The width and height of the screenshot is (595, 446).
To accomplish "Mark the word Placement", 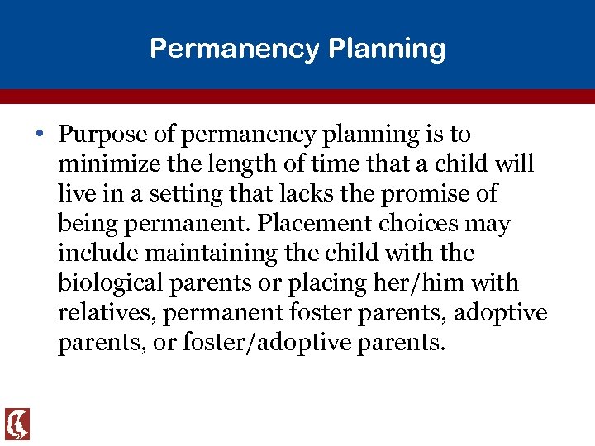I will point(308,224).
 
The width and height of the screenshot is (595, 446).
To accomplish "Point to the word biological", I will point(111,283).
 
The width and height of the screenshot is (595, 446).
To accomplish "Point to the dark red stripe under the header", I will point(297,96).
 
